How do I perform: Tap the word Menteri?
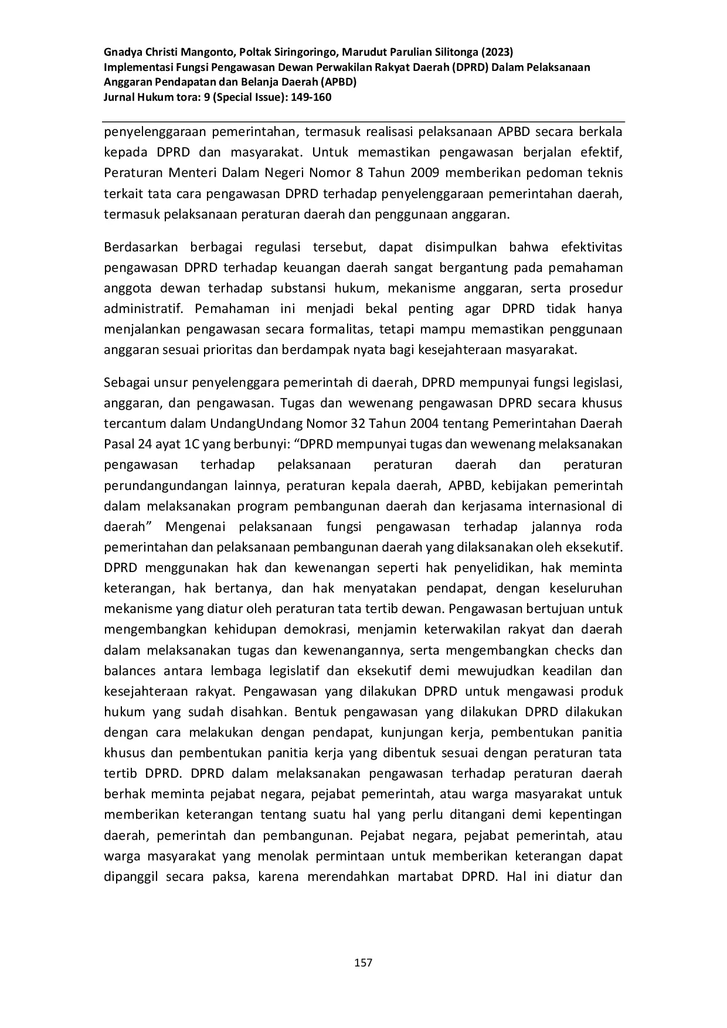[199, 173]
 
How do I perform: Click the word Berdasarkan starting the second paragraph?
[140, 247]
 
